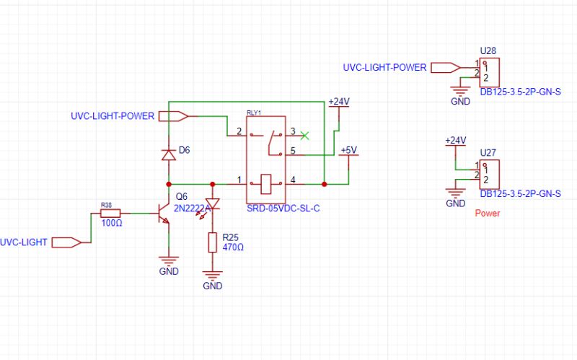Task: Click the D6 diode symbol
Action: (x=168, y=154)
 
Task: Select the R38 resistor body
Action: (x=110, y=213)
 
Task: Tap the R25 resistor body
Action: (x=212, y=242)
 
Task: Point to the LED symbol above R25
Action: (x=212, y=205)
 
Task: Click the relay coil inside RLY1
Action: (x=265, y=184)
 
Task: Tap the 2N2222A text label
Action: (x=192, y=208)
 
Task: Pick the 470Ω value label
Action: (x=233, y=247)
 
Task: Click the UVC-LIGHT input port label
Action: (x=24, y=242)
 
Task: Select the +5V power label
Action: (x=348, y=150)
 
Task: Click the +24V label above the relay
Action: (x=338, y=102)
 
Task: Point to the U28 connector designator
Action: (x=488, y=51)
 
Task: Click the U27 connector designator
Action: (x=488, y=153)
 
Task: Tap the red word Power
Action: (x=488, y=214)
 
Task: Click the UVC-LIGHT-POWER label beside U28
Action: (x=385, y=68)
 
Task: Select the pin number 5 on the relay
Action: (x=293, y=151)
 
